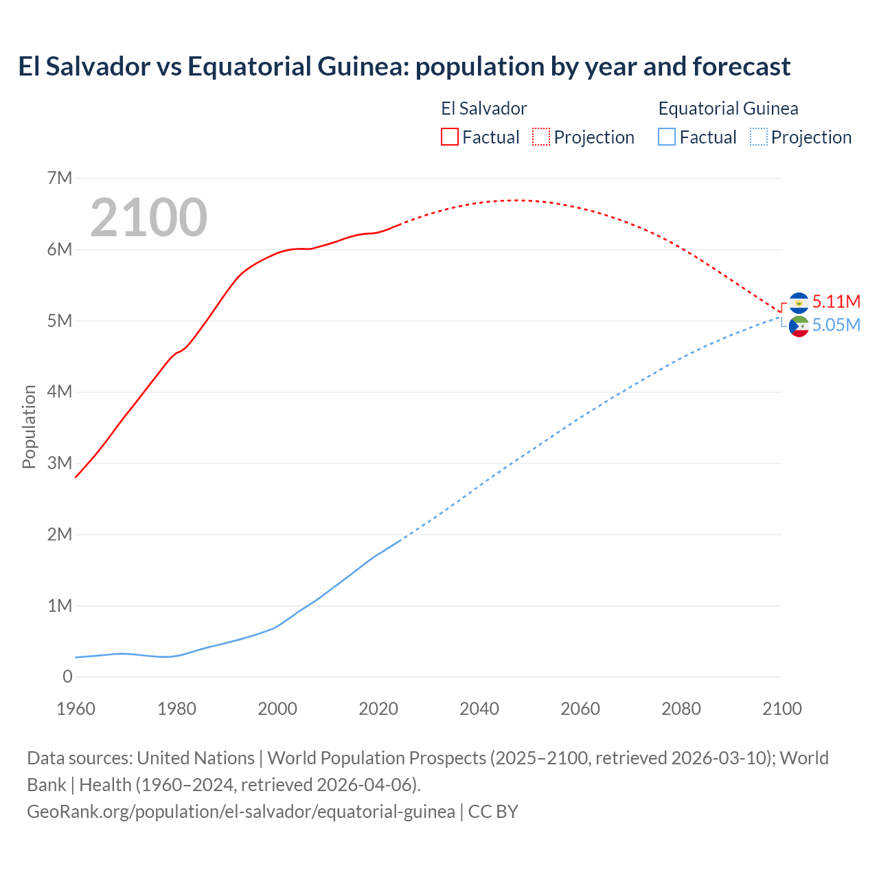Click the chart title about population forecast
(x=404, y=67)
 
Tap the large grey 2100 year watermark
(x=148, y=218)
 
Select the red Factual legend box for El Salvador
(x=449, y=137)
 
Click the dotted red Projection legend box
(x=541, y=137)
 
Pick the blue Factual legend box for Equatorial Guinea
(x=667, y=137)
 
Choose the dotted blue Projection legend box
(x=758, y=137)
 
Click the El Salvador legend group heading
(x=483, y=109)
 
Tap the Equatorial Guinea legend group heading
(x=728, y=109)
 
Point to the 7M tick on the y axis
(x=60, y=179)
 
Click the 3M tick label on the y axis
(x=60, y=463)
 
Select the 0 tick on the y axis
(x=67, y=676)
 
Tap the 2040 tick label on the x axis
(x=479, y=709)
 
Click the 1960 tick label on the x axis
(x=76, y=709)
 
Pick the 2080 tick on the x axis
(x=681, y=709)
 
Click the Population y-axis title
(x=29, y=426)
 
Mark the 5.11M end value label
(x=836, y=301)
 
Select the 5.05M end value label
(x=836, y=325)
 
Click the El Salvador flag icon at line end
(x=799, y=302)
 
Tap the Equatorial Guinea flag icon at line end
(x=799, y=326)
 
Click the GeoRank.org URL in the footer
(x=240, y=812)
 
